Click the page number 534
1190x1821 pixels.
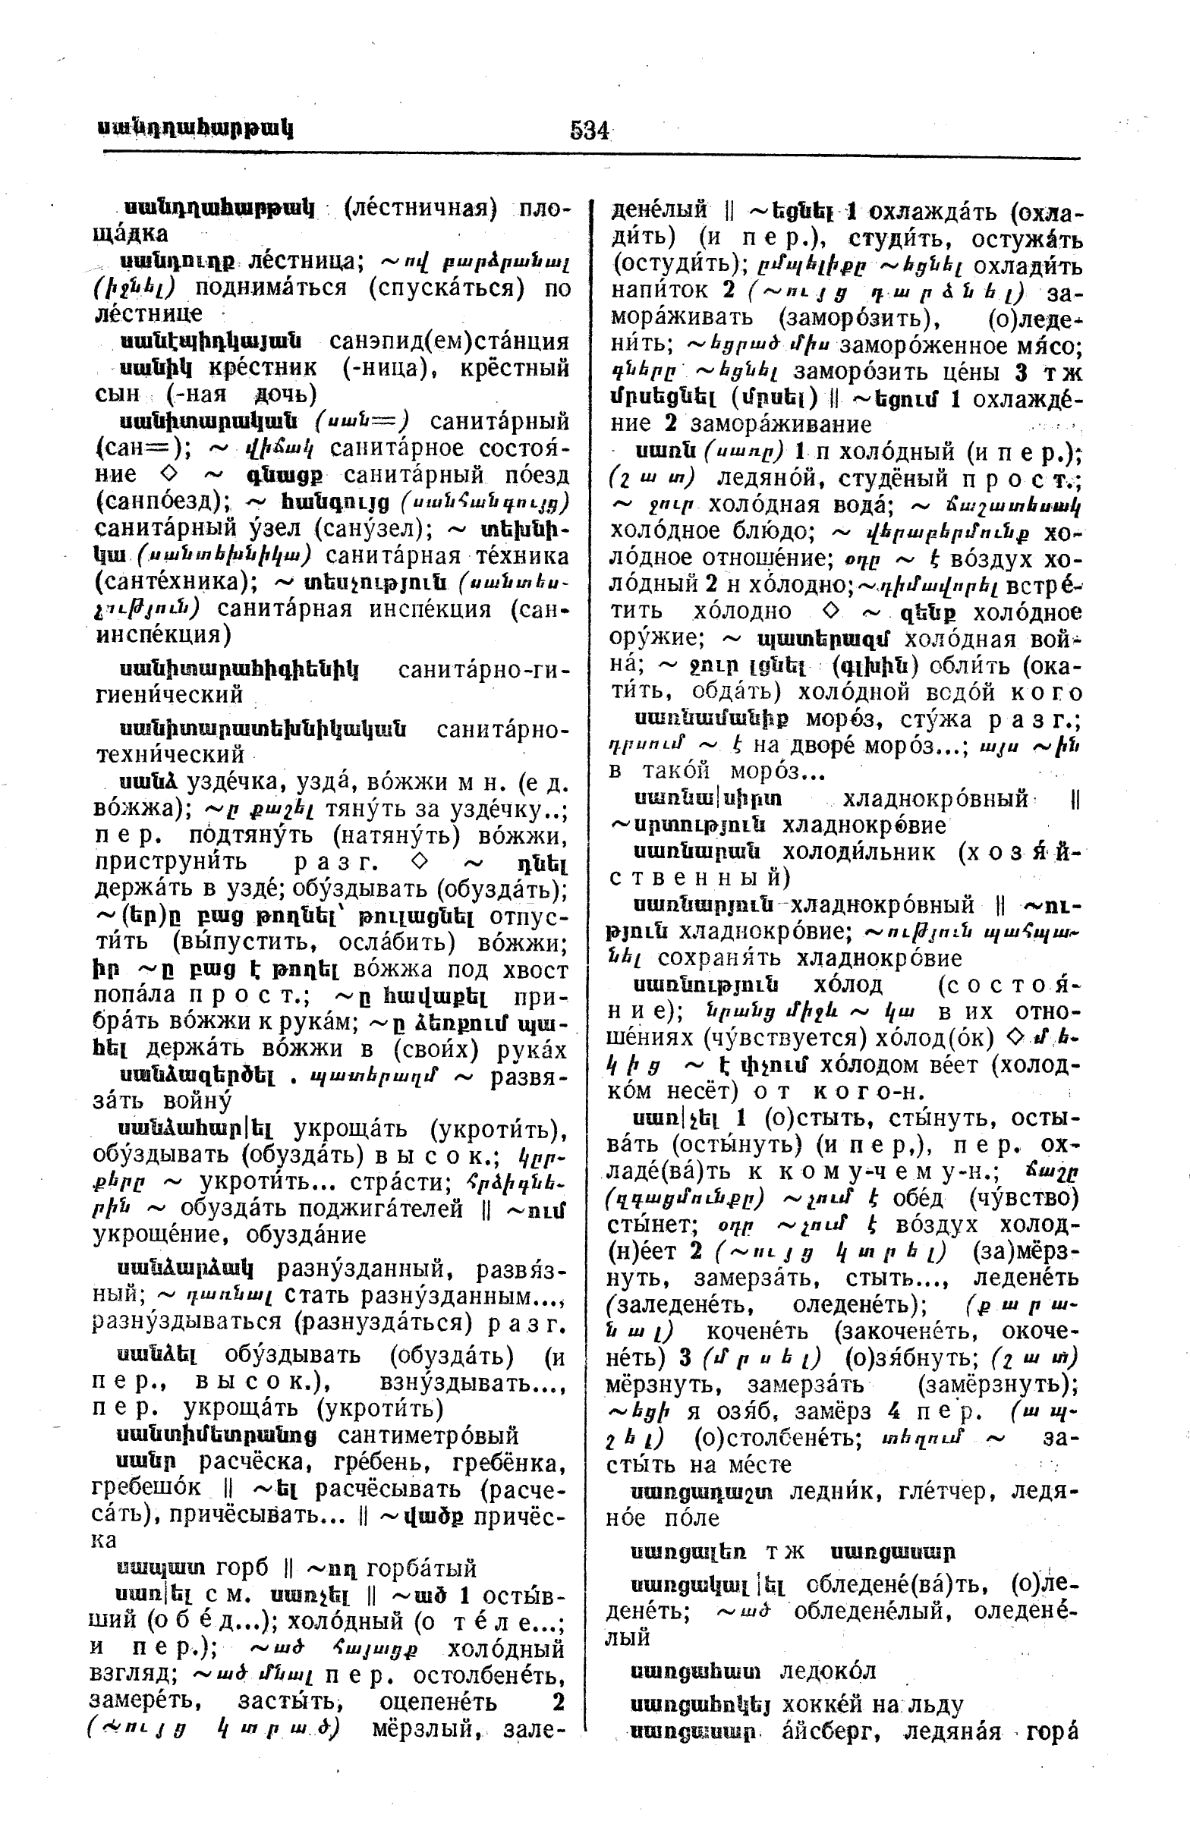click(588, 131)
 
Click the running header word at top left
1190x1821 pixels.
click(196, 127)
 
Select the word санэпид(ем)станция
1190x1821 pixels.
click(449, 341)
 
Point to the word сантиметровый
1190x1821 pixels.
click(428, 1435)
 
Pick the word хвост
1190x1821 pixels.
click(537, 970)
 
